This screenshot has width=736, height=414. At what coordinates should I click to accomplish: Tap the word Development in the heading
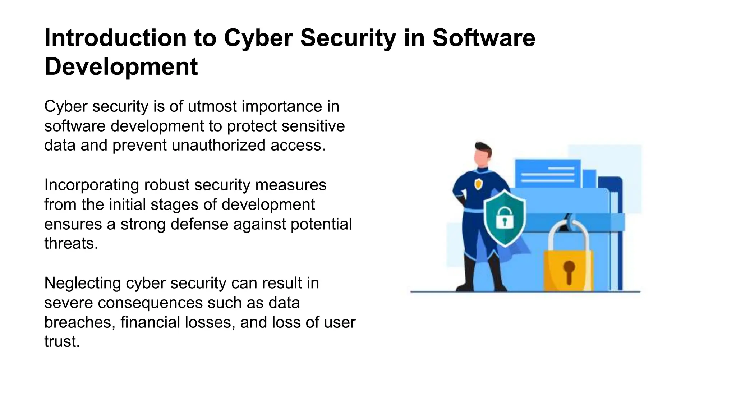(121, 67)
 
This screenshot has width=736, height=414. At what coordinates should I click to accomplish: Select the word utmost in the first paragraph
(213, 106)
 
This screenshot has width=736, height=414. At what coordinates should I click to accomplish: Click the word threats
(71, 244)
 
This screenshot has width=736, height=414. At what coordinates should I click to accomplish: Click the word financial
(150, 322)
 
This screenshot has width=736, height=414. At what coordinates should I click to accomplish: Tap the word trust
(62, 341)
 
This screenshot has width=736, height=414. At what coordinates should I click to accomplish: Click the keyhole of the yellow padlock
(569, 271)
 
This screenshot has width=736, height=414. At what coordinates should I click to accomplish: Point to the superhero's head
(482, 154)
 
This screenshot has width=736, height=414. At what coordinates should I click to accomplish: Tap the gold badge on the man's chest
(478, 184)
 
